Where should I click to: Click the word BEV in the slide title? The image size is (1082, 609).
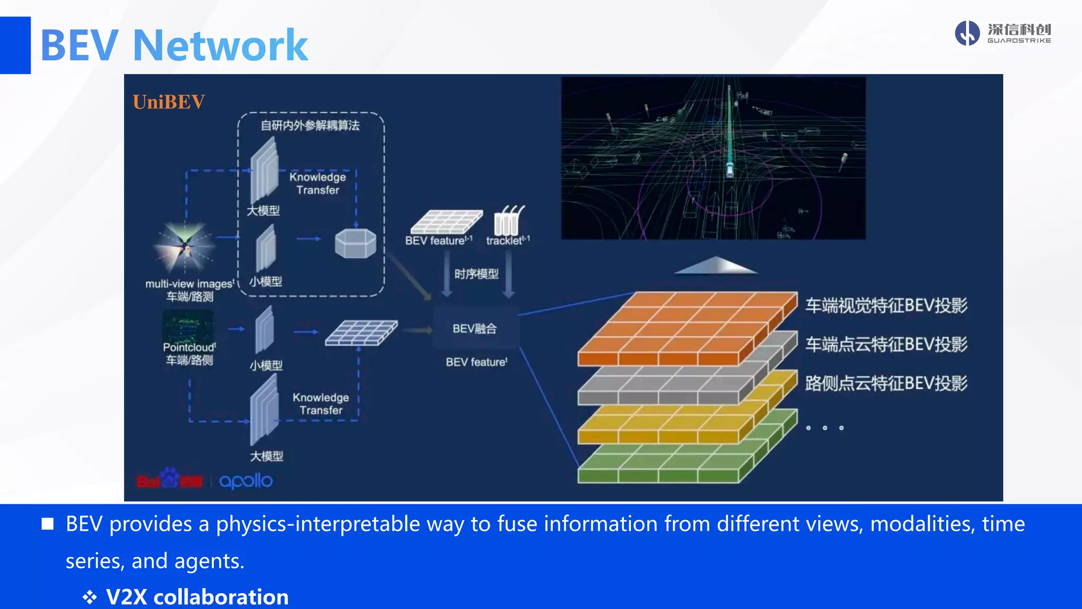pos(79,45)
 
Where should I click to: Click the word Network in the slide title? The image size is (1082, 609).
pos(220,45)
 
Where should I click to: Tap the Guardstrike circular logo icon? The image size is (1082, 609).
pos(967,33)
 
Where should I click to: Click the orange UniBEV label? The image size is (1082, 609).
pos(169,102)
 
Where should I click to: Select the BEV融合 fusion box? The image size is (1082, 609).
pos(475,329)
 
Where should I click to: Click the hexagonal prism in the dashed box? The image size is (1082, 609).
pos(356,243)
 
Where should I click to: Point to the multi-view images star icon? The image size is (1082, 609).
pos(184,246)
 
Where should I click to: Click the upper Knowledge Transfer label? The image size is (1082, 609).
pos(318,183)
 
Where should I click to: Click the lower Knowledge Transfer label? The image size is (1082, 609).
pos(321,404)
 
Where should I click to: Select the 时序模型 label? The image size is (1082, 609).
pos(477,274)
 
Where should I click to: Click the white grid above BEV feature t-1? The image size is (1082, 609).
pos(446,222)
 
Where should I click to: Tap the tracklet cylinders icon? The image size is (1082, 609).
pos(508,221)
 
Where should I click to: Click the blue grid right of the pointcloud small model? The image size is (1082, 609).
pos(361,333)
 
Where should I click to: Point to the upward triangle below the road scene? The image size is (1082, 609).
pos(716,265)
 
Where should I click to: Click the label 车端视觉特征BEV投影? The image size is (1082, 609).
pos(886,306)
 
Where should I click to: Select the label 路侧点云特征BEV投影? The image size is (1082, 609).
pos(886,383)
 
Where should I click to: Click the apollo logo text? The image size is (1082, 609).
pos(246,481)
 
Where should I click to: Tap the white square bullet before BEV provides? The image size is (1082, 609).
pos(48,524)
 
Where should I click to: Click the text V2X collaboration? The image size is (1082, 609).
pos(197,597)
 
